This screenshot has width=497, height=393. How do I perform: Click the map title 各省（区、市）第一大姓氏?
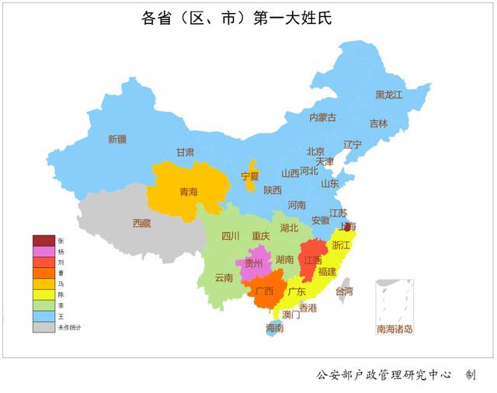click(x=237, y=18)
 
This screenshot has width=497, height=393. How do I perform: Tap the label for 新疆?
click(x=116, y=139)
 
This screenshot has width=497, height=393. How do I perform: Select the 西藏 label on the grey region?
click(x=141, y=223)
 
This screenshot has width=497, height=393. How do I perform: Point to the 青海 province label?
click(x=188, y=191)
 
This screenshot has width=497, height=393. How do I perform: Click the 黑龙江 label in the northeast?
click(x=389, y=95)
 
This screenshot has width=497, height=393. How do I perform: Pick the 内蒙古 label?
click(x=322, y=117)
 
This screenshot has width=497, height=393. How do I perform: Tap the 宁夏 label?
click(x=249, y=176)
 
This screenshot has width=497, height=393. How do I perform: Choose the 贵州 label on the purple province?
click(x=254, y=263)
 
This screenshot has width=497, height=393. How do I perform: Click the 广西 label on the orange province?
click(x=264, y=291)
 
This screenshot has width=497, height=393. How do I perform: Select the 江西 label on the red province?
click(x=312, y=259)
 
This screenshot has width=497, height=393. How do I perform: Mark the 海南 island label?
click(x=274, y=328)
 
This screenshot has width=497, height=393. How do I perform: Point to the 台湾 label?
click(x=344, y=291)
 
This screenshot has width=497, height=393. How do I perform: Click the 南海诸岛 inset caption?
click(x=394, y=329)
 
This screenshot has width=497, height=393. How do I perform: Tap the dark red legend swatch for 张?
click(x=43, y=241)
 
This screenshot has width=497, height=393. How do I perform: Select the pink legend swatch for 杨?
click(x=43, y=252)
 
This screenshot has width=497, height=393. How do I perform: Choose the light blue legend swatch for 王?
click(x=43, y=317)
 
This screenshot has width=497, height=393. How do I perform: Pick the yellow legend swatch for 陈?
click(x=43, y=295)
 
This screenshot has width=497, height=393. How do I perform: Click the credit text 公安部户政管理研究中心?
click(x=384, y=374)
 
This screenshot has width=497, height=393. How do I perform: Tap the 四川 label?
click(x=231, y=236)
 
